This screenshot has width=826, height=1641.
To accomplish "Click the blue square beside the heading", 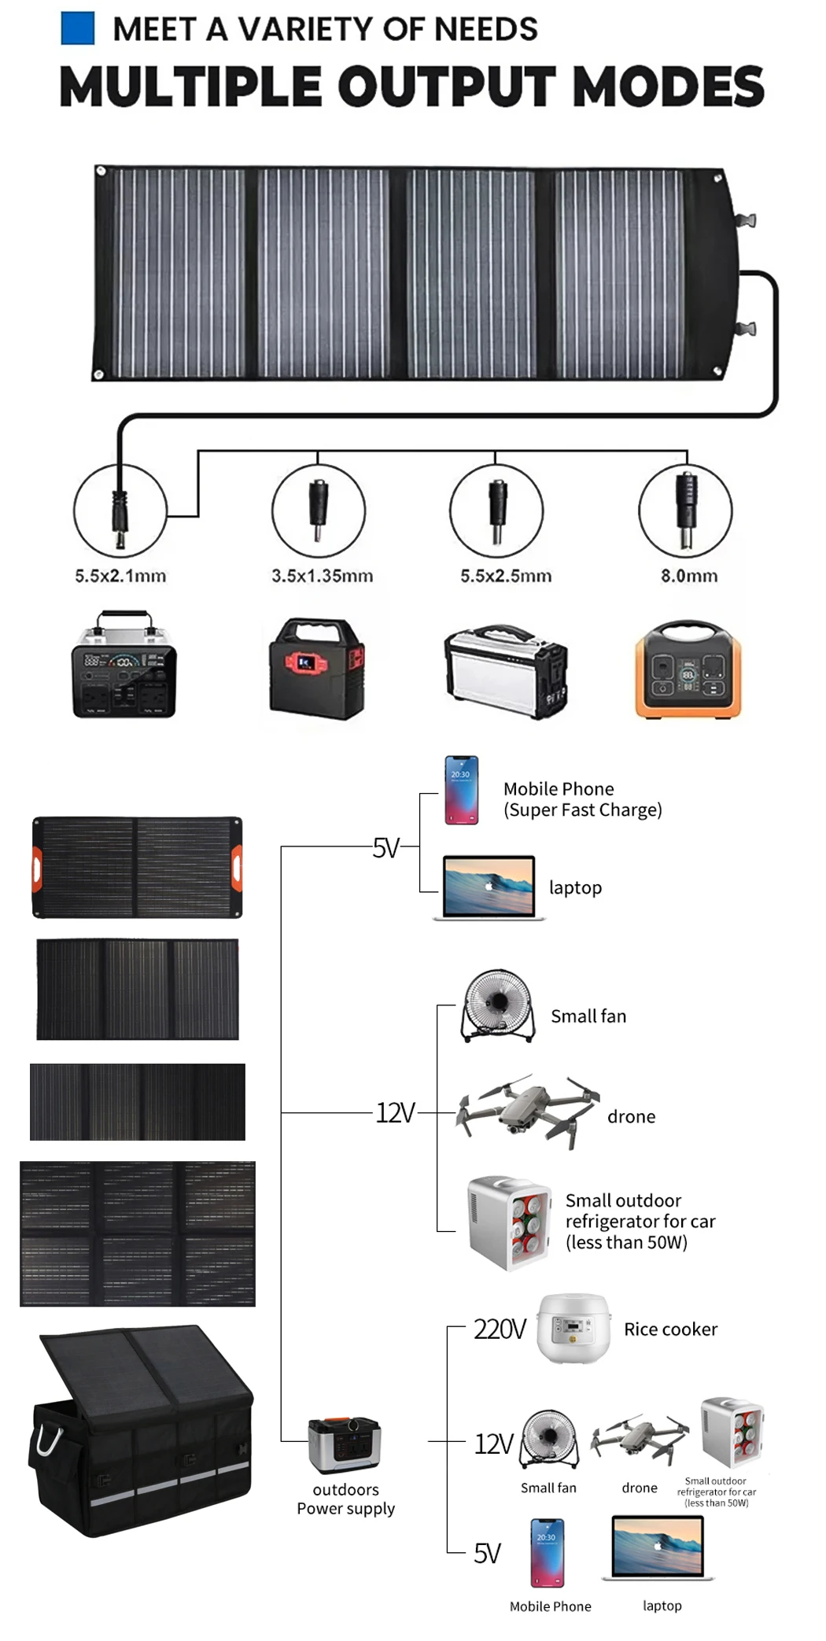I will point(77,28).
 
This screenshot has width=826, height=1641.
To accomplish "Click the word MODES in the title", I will point(669,87).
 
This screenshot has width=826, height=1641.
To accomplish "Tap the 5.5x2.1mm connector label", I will point(120,576).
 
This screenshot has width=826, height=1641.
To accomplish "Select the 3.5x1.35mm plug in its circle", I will point(318,511).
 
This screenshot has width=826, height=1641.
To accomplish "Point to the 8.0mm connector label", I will point(689,576).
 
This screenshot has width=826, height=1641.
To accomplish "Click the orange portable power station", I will point(688,670).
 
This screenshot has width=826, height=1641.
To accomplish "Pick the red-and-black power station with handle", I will point(317,669).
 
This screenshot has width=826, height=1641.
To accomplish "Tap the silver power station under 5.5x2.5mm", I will point(505,671).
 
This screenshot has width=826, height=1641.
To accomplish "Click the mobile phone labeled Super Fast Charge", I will point(461,790).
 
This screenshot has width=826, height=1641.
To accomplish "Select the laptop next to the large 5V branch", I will point(489,887).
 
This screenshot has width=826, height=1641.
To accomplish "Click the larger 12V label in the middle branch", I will point(395,1113).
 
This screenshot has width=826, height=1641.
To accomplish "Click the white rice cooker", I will point(573,1328).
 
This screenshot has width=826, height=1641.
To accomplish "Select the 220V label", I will point(500,1329).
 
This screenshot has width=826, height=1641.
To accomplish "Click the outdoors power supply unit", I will point(345,1444).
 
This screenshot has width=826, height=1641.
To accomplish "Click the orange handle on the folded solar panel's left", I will point(36,867).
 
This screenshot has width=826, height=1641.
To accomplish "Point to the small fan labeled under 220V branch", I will point(549,1440).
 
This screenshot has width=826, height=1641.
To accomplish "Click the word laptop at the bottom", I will point(662,1606).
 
